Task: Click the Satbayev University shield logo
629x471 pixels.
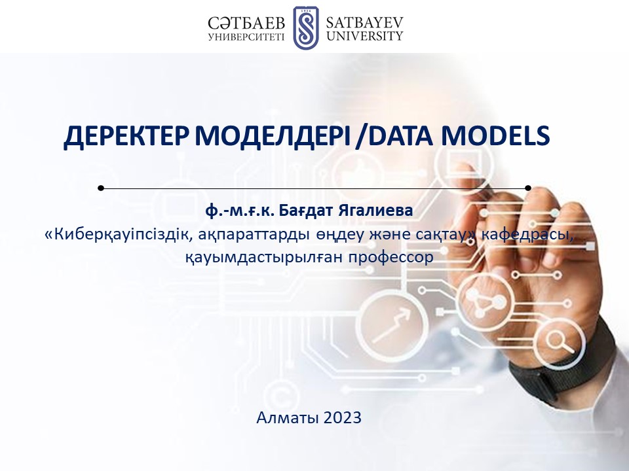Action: pos(306,27)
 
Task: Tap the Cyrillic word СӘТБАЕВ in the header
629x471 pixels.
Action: pos(246,24)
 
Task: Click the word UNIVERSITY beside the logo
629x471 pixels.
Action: pos(365,36)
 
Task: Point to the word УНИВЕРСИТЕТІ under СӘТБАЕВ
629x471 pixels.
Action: pos(246,37)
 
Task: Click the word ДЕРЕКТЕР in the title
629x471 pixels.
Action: pos(126,136)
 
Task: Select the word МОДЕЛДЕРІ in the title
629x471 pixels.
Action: pos(273,135)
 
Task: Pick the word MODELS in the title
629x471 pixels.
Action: pos(495,135)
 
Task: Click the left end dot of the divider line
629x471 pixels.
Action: pos(101,188)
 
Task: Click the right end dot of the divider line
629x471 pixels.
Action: pos(528,188)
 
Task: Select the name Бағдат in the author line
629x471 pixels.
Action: pos(306,210)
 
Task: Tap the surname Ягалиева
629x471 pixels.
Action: pos(375,210)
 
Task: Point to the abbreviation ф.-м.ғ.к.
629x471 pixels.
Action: pos(240,211)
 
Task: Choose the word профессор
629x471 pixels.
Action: pos(391,257)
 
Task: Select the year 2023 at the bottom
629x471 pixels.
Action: pos(342,417)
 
